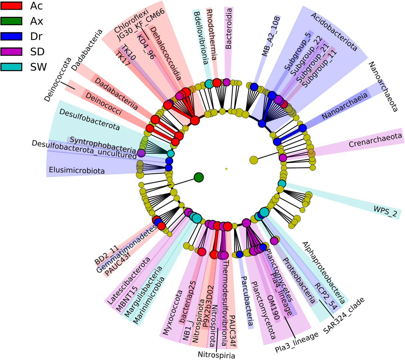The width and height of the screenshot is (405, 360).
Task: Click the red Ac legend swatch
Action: [x=11, y=6]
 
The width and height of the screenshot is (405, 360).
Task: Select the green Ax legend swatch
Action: [x=11, y=21]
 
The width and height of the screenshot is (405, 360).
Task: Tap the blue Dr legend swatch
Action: [x=11, y=36]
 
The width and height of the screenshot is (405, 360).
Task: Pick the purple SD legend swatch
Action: [x=11, y=52]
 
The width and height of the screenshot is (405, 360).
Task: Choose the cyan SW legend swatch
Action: [x=11, y=67]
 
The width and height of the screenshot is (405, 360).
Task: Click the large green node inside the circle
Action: [x=199, y=177]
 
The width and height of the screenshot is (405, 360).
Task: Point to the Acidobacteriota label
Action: [x=334, y=32]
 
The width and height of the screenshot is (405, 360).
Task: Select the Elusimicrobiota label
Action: [x=77, y=171]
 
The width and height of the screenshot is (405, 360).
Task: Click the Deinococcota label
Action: [x=58, y=79]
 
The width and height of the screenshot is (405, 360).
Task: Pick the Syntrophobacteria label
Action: [x=102, y=144]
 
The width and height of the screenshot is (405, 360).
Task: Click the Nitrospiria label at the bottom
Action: [x=216, y=355]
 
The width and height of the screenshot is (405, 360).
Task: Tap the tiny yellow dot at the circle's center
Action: [x=226, y=169]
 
